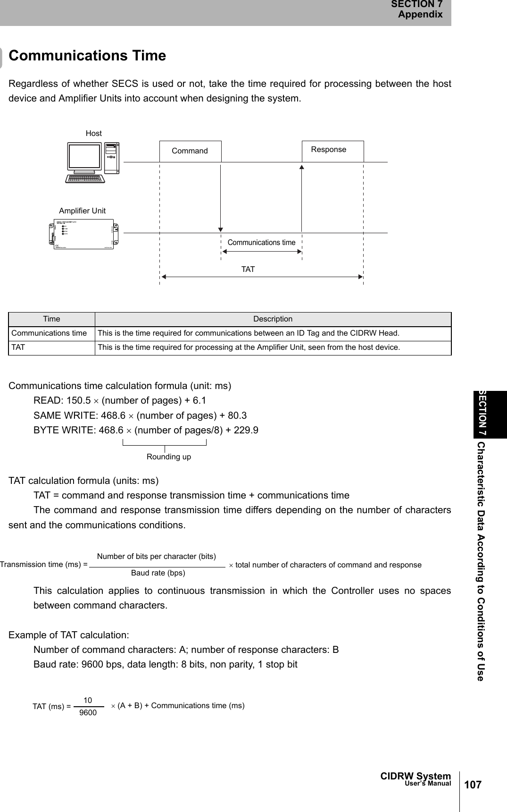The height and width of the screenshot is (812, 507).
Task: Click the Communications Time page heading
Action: (88, 56)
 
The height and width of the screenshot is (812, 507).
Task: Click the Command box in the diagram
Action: (190, 151)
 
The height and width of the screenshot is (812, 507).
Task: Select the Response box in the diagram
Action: (332, 150)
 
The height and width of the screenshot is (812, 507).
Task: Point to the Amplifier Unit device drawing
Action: (84, 233)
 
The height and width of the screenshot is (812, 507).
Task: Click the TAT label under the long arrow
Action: (248, 270)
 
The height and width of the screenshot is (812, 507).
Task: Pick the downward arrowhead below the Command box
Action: (221, 228)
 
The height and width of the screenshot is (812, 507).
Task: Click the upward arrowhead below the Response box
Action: (301, 166)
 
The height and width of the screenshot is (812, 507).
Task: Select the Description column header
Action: (273, 319)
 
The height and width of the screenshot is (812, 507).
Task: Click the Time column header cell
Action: (51, 319)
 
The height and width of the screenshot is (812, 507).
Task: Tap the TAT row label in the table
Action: (18, 347)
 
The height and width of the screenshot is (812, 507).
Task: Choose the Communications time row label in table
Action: (49, 333)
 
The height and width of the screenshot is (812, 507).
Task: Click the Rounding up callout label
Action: (169, 457)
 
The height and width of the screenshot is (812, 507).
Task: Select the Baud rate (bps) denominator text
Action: (158, 573)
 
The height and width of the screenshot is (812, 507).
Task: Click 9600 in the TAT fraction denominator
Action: (88, 712)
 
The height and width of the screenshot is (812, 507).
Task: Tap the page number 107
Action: (473, 785)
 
